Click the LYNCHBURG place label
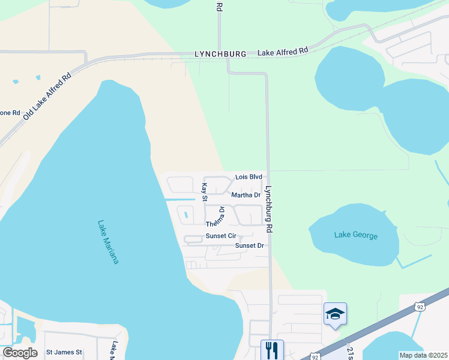(220, 54)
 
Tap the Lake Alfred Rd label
(282, 52)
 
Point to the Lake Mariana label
(108, 242)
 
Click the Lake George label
(356, 235)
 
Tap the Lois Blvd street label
(249, 177)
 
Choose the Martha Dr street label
(246, 195)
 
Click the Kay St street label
(205, 192)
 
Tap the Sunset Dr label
(250, 245)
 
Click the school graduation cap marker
(335, 314)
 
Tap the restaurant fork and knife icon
(272, 350)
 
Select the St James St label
(64, 352)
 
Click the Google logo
(20, 353)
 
